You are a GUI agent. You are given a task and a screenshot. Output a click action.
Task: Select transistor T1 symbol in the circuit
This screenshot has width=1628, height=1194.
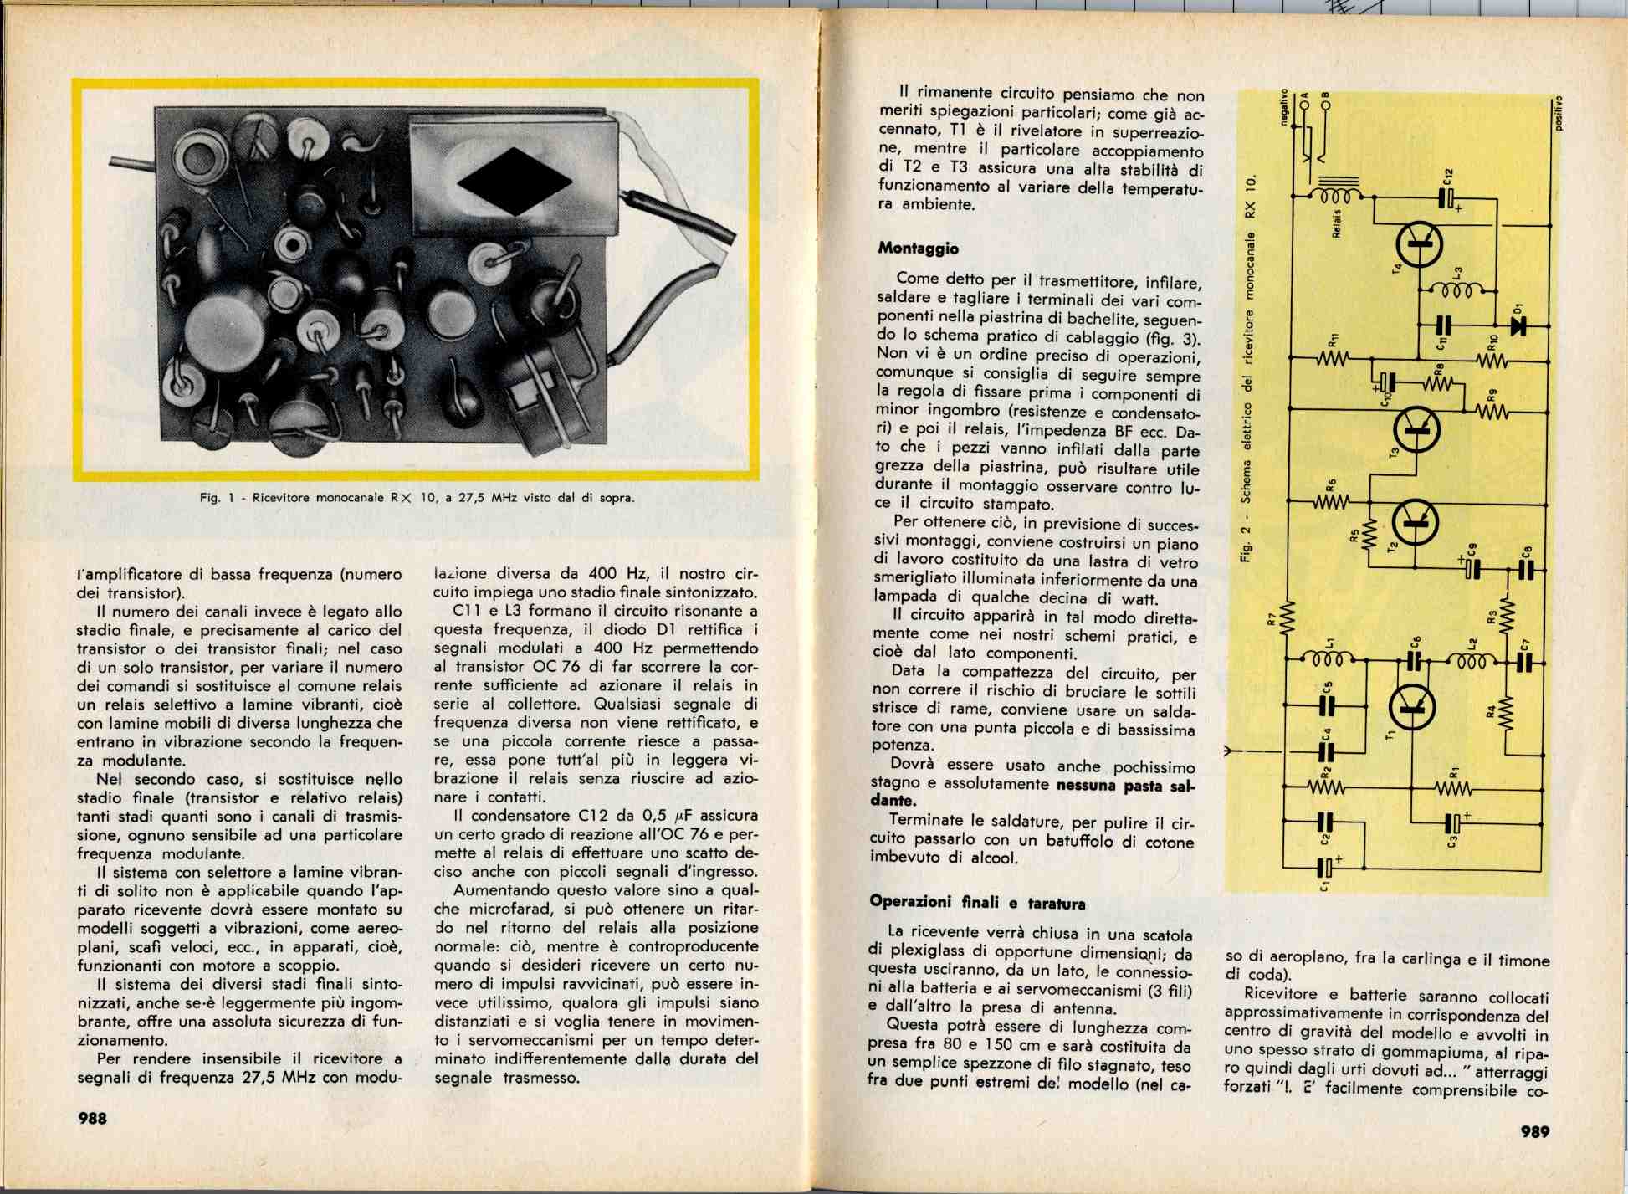[x=1411, y=707]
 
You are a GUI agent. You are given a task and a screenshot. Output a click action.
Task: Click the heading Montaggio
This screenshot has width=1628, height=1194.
[x=918, y=249]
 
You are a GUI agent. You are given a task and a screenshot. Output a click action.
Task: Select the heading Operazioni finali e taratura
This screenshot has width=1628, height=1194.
[x=977, y=902]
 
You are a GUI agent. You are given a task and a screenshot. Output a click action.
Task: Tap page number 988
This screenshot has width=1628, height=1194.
[x=92, y=1118]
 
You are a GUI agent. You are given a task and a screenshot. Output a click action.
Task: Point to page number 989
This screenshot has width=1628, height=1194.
[x=1535, y=1131]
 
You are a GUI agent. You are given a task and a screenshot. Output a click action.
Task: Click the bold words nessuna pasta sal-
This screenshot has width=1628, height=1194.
[x=1125, y=785]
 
